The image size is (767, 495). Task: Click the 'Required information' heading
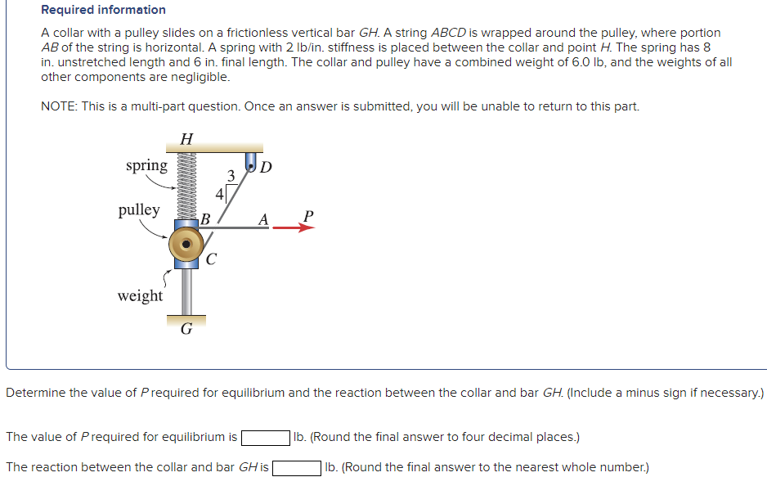click(103, 10)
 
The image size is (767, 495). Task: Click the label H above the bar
click(186, 138)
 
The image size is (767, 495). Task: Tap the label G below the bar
click(186, 329)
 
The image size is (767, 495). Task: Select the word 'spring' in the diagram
click(146, 165)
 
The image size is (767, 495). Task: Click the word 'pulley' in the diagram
click(139, 209)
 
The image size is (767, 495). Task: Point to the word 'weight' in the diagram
click(140, 295)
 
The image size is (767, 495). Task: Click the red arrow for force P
click(293, 228)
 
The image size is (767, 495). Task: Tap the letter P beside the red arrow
click(307, 215)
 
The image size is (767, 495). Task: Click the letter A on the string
click(262, 218)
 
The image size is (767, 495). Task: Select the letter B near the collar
click(206, 218)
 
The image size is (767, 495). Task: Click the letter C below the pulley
click(211, 260)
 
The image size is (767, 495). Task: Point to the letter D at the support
click(267, 169)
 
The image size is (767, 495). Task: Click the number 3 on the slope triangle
click(231, 175)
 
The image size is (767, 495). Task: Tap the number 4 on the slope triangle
click(219, 194)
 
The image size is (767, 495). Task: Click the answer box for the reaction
click(296, 468)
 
